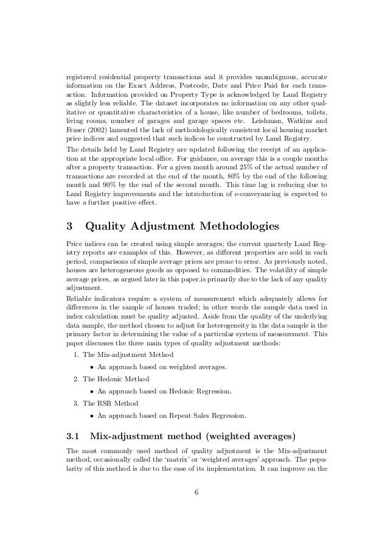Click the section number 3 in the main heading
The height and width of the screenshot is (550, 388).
tap(69, 226)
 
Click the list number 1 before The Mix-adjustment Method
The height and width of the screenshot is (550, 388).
tap(74, 354)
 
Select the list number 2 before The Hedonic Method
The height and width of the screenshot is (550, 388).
tap(74, 378)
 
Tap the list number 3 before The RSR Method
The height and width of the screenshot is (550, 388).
tap(74, 401)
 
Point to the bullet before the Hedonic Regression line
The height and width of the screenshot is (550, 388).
tap(91, 390)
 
